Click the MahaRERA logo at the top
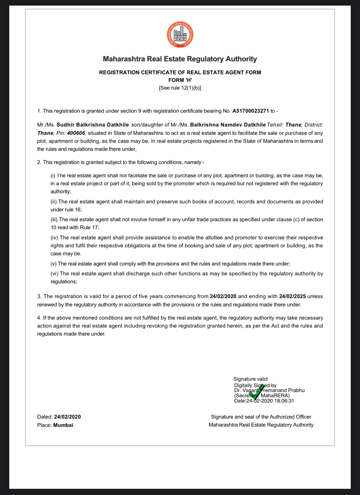pos(180,35)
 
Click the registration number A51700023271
pos(250,111)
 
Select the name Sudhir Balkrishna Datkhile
pos(93,125)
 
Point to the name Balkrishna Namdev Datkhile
pos(228,125)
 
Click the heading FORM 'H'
pos(180,80)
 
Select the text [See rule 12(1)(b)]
pos(180,88)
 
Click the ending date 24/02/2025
pos(292,296)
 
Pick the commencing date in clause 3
pos(223,296)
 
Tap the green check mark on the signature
pos(256,392)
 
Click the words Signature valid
pos(250,379)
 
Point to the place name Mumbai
pos(63,425)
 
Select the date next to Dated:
pos(67,417)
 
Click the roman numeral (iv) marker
pos(54,238)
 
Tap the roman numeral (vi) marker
pos(54,274)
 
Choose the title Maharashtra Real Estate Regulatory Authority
pos(180,59)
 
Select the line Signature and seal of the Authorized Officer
pos(261,417)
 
